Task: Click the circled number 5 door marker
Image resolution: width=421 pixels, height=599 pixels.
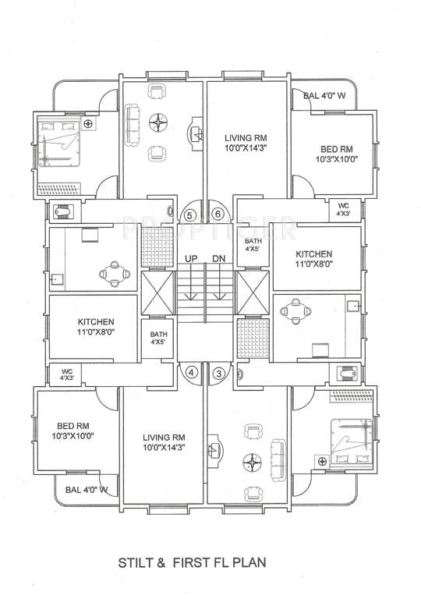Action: [x=189, y=215]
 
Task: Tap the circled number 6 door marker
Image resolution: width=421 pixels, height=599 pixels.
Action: [x=218, y=214]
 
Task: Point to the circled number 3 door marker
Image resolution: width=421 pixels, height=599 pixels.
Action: [x=218, y=374]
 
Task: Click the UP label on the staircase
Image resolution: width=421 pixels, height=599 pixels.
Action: [x=191, y=259]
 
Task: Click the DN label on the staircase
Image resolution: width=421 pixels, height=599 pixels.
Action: [x=219, y=259]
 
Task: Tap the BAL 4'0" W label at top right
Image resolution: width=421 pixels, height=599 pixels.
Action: [x=324, y=95]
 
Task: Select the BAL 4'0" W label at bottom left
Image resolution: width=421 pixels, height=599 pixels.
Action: [x=87, y=489]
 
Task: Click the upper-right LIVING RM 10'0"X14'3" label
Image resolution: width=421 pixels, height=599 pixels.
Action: [x=246, y=143]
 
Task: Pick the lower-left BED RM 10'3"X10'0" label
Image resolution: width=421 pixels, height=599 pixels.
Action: [x=73, y=431]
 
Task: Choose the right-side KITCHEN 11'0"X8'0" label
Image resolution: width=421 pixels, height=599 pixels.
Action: [x=313, y=259]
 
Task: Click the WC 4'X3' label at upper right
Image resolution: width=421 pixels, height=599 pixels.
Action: [x=343, y=210]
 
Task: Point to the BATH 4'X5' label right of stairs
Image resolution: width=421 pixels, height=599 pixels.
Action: [x=253, y=244]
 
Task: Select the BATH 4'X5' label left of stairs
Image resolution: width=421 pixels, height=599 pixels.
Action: [x=158, y=338]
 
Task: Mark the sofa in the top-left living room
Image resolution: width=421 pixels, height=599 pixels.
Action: [x=133, y=124]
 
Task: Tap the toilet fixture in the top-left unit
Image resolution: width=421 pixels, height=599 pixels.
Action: [x=63, y=211]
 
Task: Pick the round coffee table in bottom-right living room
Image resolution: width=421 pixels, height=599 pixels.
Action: [x=253, y=463]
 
